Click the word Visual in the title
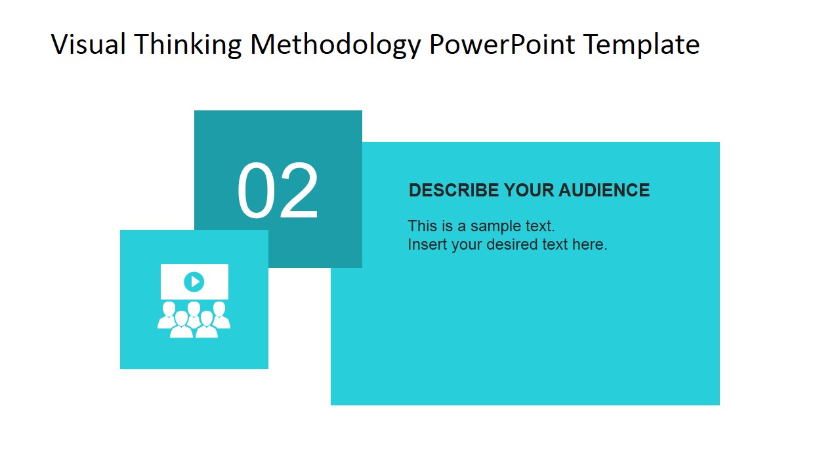point(88,45)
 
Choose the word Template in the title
point(641,45)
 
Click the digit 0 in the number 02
point(257,192)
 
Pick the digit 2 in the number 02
point(299,192)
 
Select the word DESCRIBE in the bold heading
point(453,191)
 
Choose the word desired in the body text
point(513,244)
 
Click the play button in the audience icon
point(194,282)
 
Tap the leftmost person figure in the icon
point(168,315)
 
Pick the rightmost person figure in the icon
point(220,315)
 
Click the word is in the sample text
point(447,226)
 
